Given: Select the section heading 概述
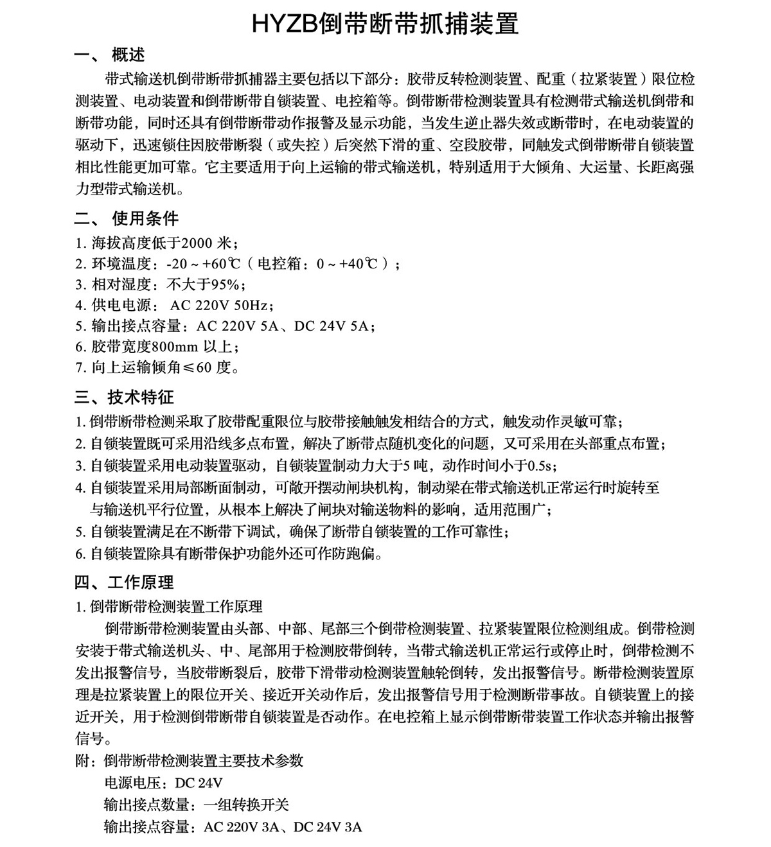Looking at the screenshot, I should [128, 55].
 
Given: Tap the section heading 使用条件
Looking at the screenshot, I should [145, 219].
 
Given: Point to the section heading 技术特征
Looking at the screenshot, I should [141, 397].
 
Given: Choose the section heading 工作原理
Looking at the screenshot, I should [141, 582].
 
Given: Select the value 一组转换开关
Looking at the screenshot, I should [247, 805].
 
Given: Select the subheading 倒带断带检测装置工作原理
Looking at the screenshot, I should [176, 606].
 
